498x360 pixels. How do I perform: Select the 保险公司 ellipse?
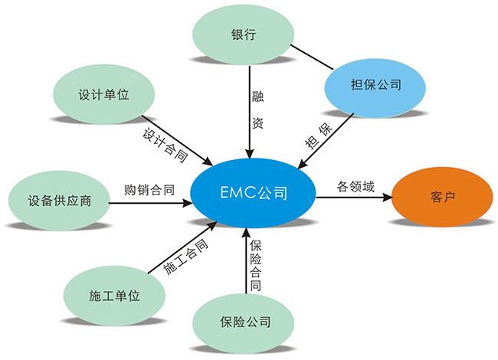pyautogui.click(x=243, y=320)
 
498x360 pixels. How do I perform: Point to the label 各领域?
pyautogui.click(x=355, y=186)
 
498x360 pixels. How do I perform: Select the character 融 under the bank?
pyautogui.click(x=257, y=97)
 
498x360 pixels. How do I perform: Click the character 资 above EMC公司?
pyautogui.click(x=257, y=123)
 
